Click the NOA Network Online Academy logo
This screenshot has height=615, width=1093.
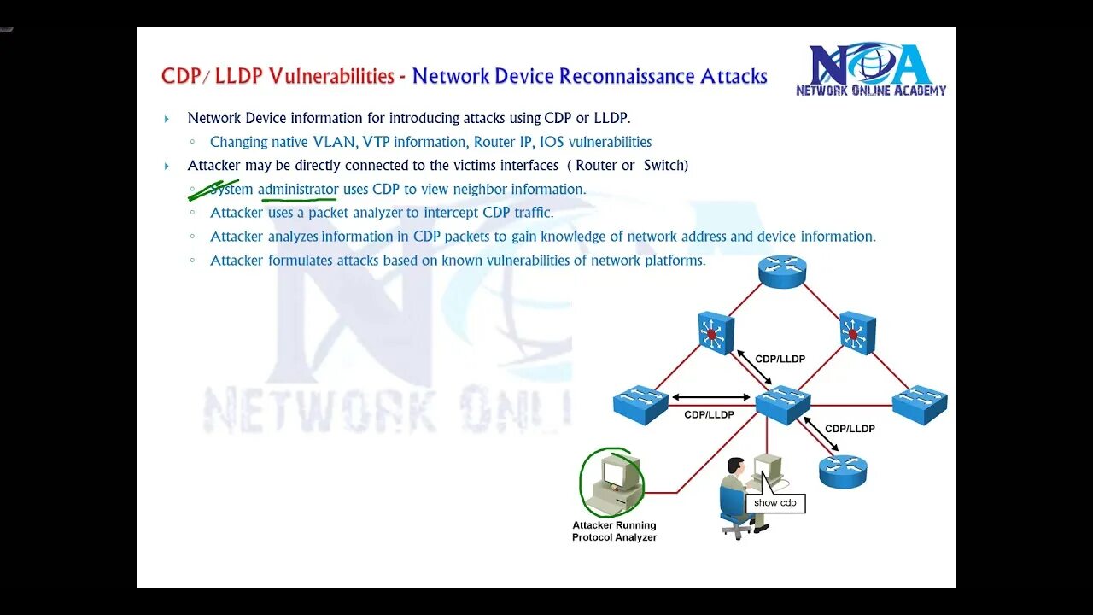point(871,69)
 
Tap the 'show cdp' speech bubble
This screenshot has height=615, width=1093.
point(774,502)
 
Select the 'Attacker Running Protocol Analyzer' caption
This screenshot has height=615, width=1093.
point(614,531)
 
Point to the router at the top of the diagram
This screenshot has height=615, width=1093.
point(782,272)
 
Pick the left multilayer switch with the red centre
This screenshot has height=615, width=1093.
point(716,331)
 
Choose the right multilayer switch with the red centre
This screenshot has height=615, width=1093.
point(856,331)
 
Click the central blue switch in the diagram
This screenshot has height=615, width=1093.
point(782,404)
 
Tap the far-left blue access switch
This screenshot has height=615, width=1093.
point(640,404)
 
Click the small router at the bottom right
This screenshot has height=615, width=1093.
point(843,471)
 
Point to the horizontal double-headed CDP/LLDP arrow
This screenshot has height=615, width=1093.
point(710,397)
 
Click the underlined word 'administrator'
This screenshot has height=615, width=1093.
point(298,189)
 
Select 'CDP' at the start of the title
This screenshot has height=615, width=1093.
point(179,76)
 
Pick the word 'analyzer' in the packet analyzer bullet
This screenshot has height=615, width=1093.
point(375,213)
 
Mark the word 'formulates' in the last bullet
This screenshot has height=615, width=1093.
point(300,261)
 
